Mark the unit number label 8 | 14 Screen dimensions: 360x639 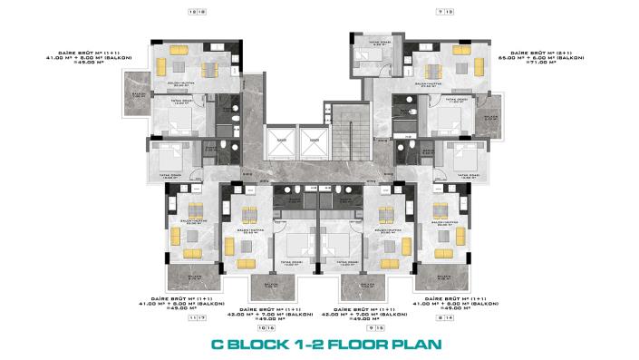click(444, 319)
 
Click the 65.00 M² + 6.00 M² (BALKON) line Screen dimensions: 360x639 click(532, 60)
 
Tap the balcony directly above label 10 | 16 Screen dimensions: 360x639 click(266, 286)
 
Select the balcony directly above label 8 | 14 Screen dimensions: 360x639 click(444, 277)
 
